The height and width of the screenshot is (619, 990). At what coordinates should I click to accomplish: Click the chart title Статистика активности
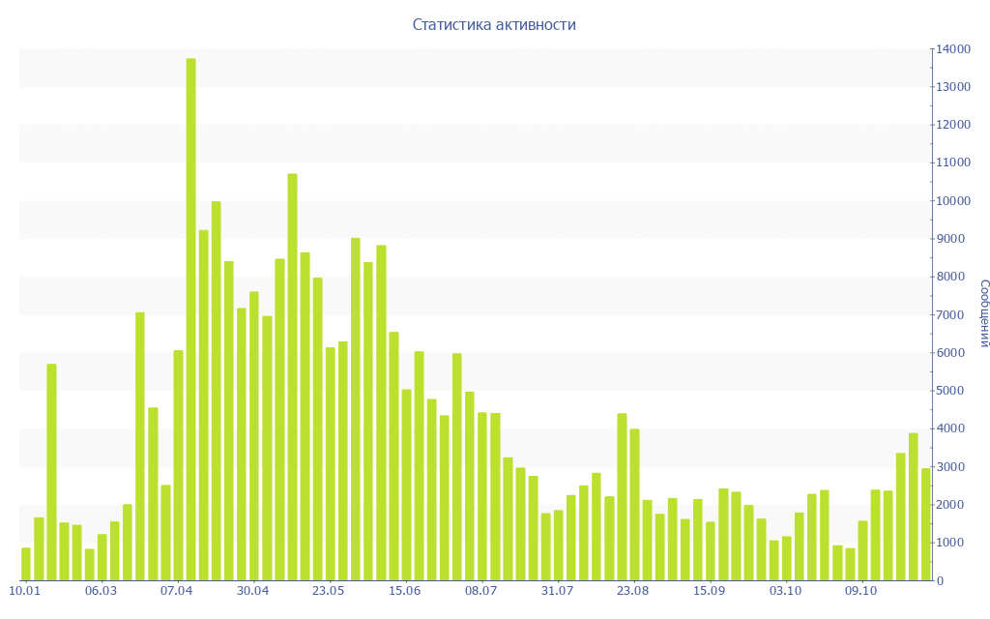coord(494,24)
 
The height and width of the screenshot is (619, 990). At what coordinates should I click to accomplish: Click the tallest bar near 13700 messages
coord(190,319)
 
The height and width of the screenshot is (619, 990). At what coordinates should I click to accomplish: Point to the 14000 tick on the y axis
coord(952,49)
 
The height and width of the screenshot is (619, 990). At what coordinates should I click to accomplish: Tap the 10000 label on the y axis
coord(952,201)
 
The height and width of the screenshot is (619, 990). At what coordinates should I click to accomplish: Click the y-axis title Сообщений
coord(983,312)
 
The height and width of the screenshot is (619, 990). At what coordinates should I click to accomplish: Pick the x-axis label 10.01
coord(25,591)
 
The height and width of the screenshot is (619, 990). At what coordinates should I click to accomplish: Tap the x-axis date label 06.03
coord(101,591)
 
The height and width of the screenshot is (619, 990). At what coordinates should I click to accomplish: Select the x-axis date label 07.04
coord(177,591)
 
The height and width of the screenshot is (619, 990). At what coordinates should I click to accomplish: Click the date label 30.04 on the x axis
coord(252,591)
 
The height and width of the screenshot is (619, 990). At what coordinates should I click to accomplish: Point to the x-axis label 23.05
coord(329,591)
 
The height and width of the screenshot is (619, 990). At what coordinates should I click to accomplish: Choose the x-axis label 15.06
coord(405,591)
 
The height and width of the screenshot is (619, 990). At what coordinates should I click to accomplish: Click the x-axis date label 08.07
coord(480,591)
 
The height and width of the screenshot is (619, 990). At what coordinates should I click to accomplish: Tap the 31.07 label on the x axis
coord(557,591)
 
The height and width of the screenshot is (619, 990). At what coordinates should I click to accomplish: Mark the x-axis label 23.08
coord(633,591)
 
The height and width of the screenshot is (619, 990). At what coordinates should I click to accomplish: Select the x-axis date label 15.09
coord(709,591)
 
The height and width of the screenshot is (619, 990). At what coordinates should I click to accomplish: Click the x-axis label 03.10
coord(785,591)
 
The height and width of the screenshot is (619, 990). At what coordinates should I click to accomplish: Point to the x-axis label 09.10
coord(861,591)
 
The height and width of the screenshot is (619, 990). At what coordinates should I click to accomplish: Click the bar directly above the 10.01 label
coord(26,564)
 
